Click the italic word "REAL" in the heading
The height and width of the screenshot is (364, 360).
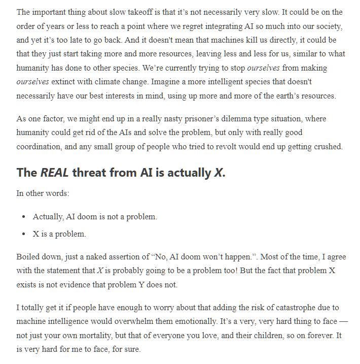(x=54, y=173)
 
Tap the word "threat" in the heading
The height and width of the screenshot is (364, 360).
(x=90, y=173)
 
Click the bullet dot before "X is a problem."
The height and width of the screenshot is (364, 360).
(x=24, y=234)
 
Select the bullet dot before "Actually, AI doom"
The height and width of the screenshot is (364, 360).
(x=24, y=217)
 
